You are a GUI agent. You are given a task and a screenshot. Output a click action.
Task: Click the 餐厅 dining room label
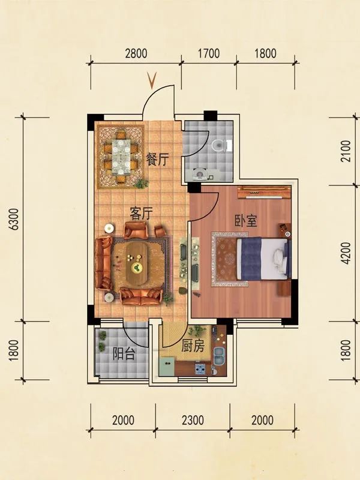click(157, 159)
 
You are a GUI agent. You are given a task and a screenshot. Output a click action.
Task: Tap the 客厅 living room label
click(141, 214)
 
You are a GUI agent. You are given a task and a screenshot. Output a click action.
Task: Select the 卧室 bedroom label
click(246, 220)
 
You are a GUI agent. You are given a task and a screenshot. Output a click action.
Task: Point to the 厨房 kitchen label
click(193, 346)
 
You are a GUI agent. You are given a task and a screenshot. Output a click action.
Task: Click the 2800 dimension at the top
click(136, 53)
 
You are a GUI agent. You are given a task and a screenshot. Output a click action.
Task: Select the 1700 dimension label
click(209, 53)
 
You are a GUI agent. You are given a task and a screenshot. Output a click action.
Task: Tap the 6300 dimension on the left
click(14, 219)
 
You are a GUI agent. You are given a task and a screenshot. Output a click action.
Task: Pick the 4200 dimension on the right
click(346, 253)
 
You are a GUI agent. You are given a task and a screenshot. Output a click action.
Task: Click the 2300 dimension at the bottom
click(193, 420)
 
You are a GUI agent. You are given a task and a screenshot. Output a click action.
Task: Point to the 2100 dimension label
click(346, 151)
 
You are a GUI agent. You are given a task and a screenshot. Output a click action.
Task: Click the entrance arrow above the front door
click(152, 80)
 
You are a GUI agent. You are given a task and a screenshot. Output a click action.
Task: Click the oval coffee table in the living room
click(137, 263)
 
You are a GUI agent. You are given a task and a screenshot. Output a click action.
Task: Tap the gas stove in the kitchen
click(200, 369)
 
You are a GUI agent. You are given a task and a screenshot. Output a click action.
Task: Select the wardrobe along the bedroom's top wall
click(264, 193)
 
